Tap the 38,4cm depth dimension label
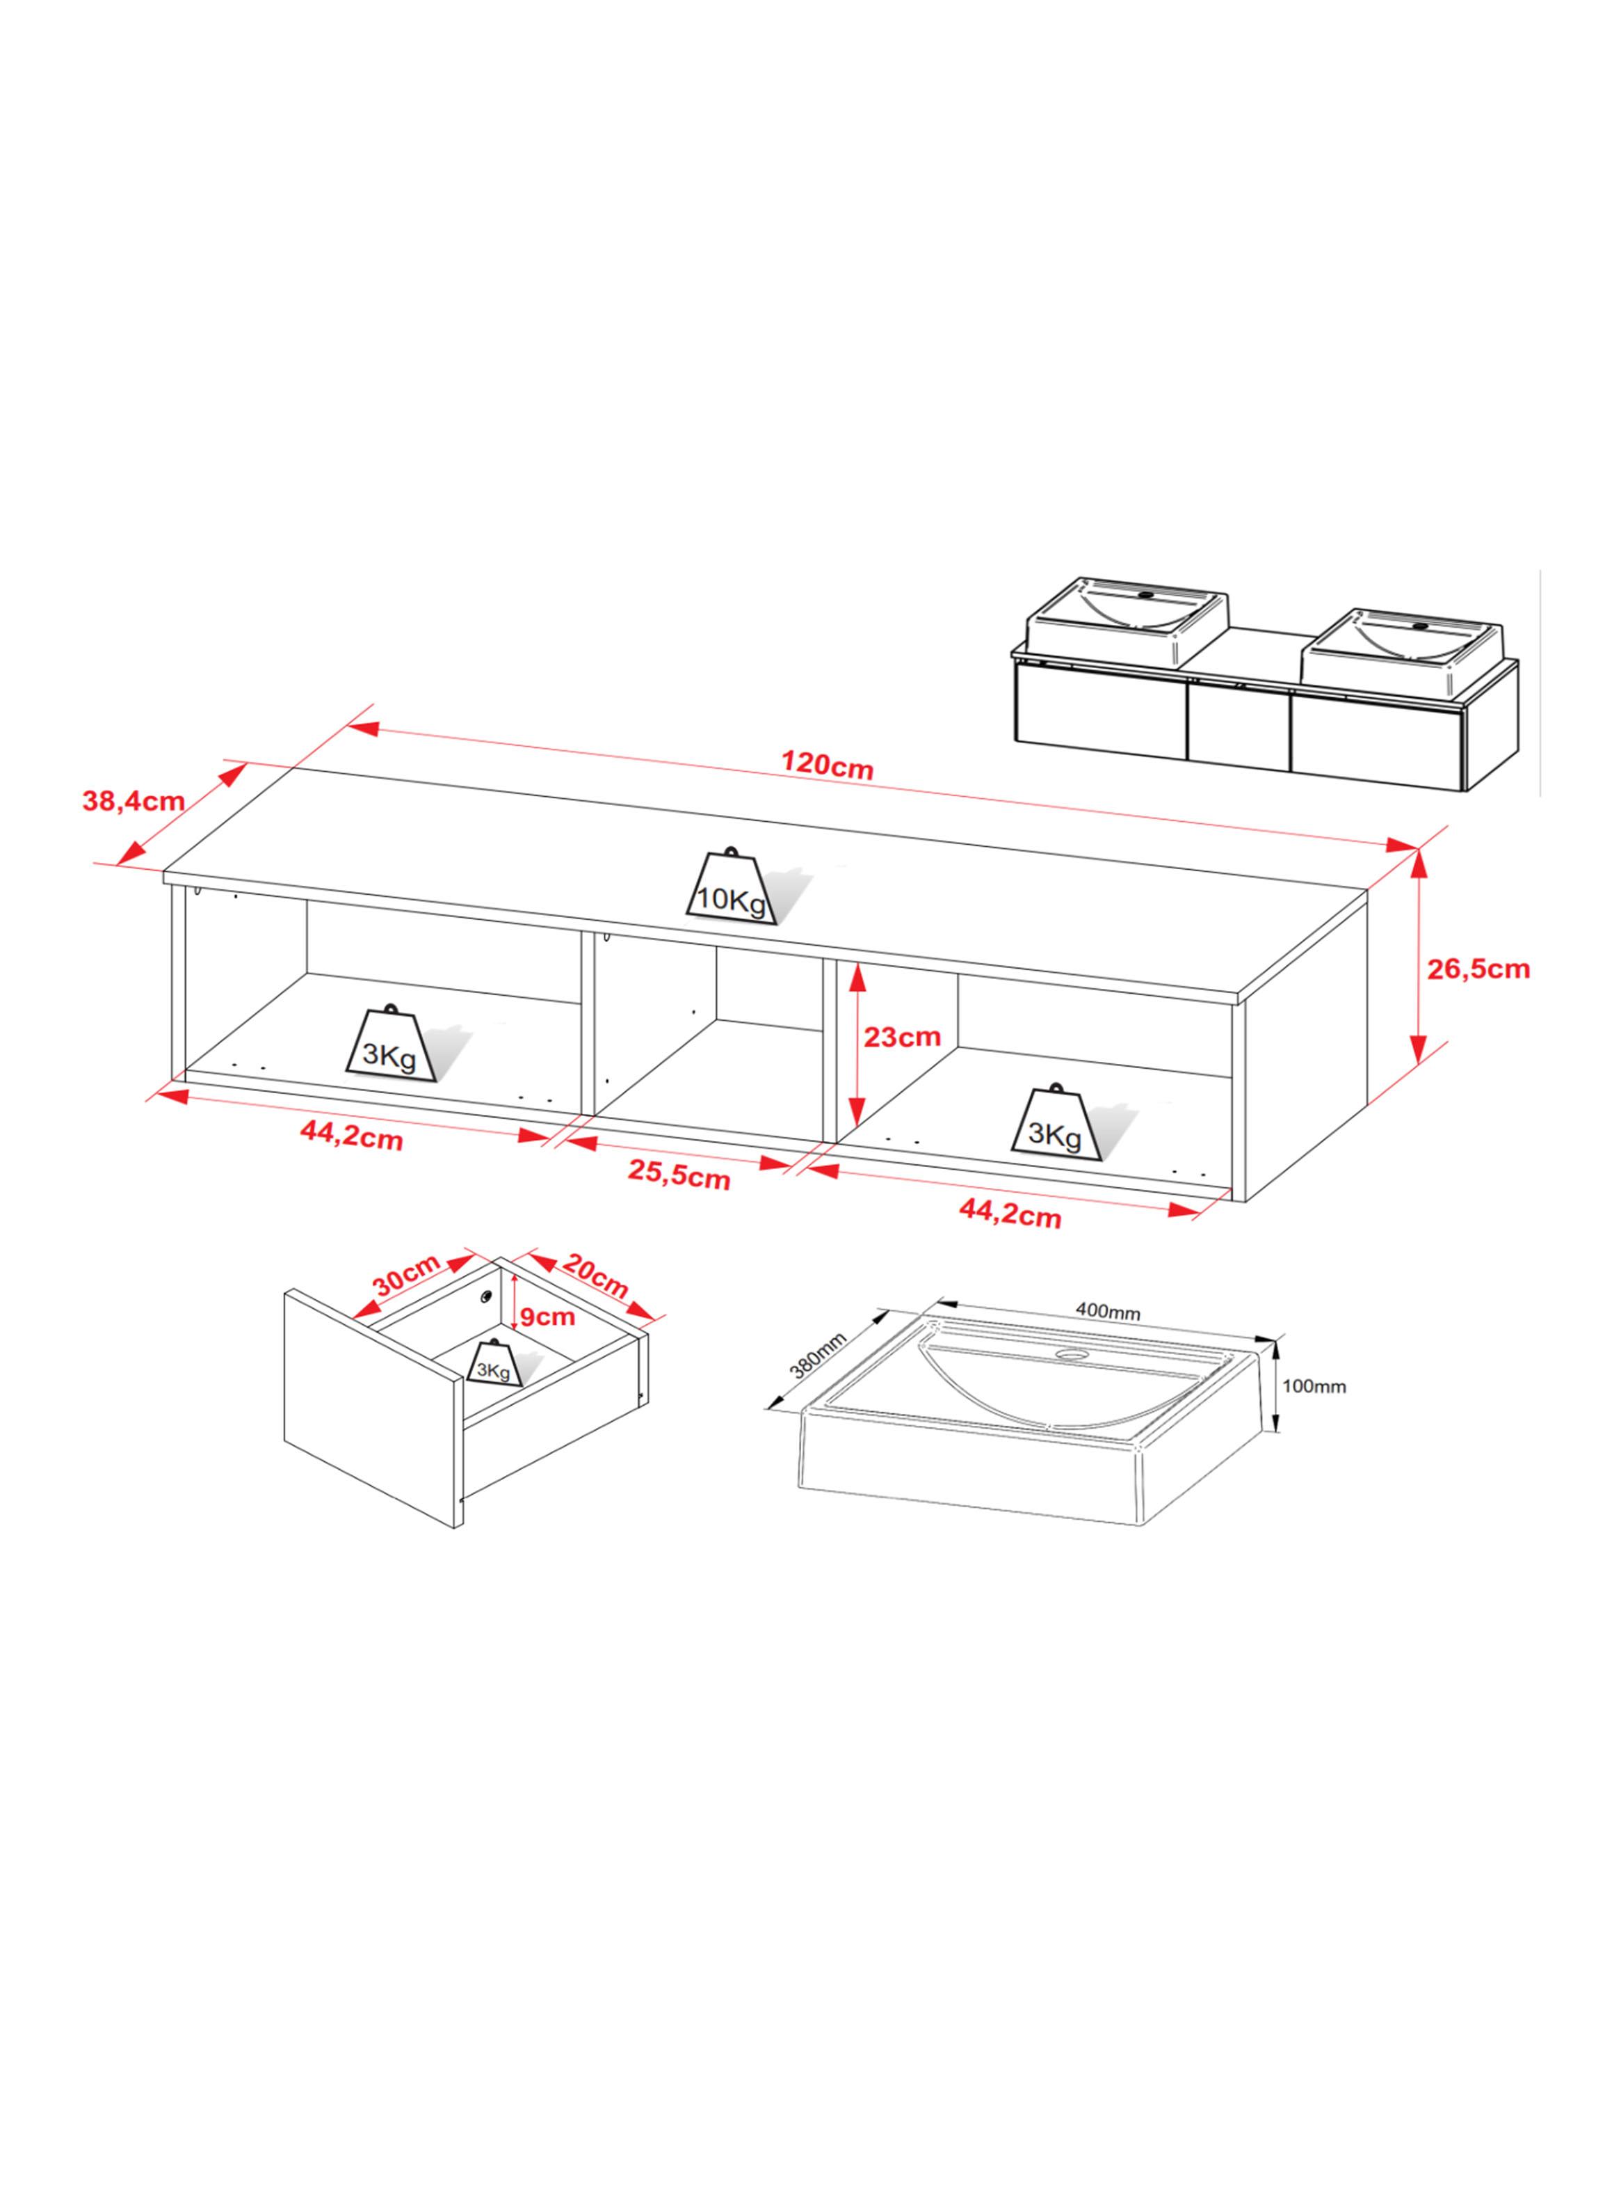pos(134,800)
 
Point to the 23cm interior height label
pos(903,1037)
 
